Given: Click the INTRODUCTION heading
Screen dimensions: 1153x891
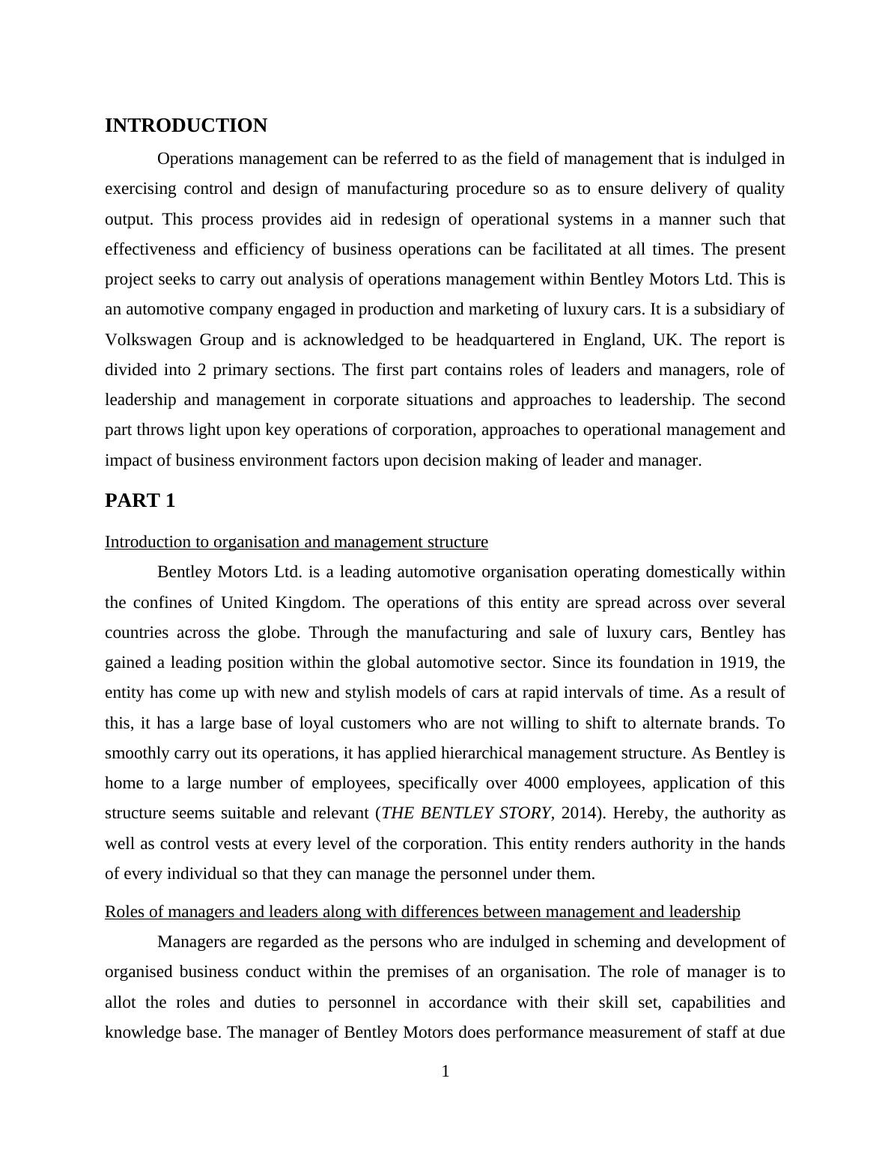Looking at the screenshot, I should click(186, 126).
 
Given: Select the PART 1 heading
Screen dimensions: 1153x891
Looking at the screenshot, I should click(140, 501).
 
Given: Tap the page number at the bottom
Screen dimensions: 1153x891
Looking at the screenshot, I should click(445, 1071).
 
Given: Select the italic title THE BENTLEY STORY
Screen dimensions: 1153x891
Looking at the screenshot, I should click(466, 813).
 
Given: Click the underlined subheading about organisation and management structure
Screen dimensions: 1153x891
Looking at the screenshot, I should click(297, 542).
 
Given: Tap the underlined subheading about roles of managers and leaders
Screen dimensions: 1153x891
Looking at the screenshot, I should click(422, 912).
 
